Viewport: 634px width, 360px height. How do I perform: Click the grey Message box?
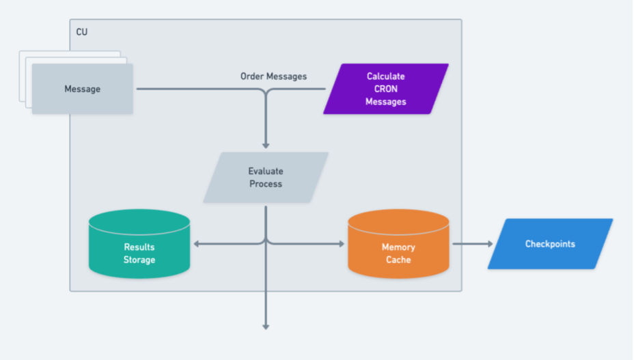click(x=82, y=89)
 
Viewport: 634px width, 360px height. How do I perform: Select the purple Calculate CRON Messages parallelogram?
click(x=386, y=89)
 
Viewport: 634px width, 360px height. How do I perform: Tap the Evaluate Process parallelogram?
click(x=266, y=178)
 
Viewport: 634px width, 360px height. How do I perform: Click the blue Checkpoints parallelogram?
click(x=550, y=244)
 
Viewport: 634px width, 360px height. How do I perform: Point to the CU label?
click(x=82, y=31)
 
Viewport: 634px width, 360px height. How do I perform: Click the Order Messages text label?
click(x=273, y=76)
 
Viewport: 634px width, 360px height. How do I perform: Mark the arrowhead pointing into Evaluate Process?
click(x=266, y=145)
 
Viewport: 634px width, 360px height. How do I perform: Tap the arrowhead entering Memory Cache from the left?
click(x=342, y=243)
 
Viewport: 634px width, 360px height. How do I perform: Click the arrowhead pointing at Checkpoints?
click(x=489, y=243)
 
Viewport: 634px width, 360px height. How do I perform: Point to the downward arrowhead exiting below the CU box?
click(x=266, y=327)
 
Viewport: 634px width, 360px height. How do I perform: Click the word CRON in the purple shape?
click(x=386, y=89)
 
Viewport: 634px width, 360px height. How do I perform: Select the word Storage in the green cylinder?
click(x=139, y=260)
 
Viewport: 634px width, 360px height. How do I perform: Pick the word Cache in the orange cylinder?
click(x=398, y=260)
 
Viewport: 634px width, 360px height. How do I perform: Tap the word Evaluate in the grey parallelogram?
click(x=266, y=171)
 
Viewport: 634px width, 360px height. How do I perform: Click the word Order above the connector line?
click(x=252, y=76)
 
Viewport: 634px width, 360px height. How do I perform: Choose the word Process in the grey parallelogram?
click(x=266, y=184)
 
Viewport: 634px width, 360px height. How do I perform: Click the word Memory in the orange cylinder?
click(x=398, y=247)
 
